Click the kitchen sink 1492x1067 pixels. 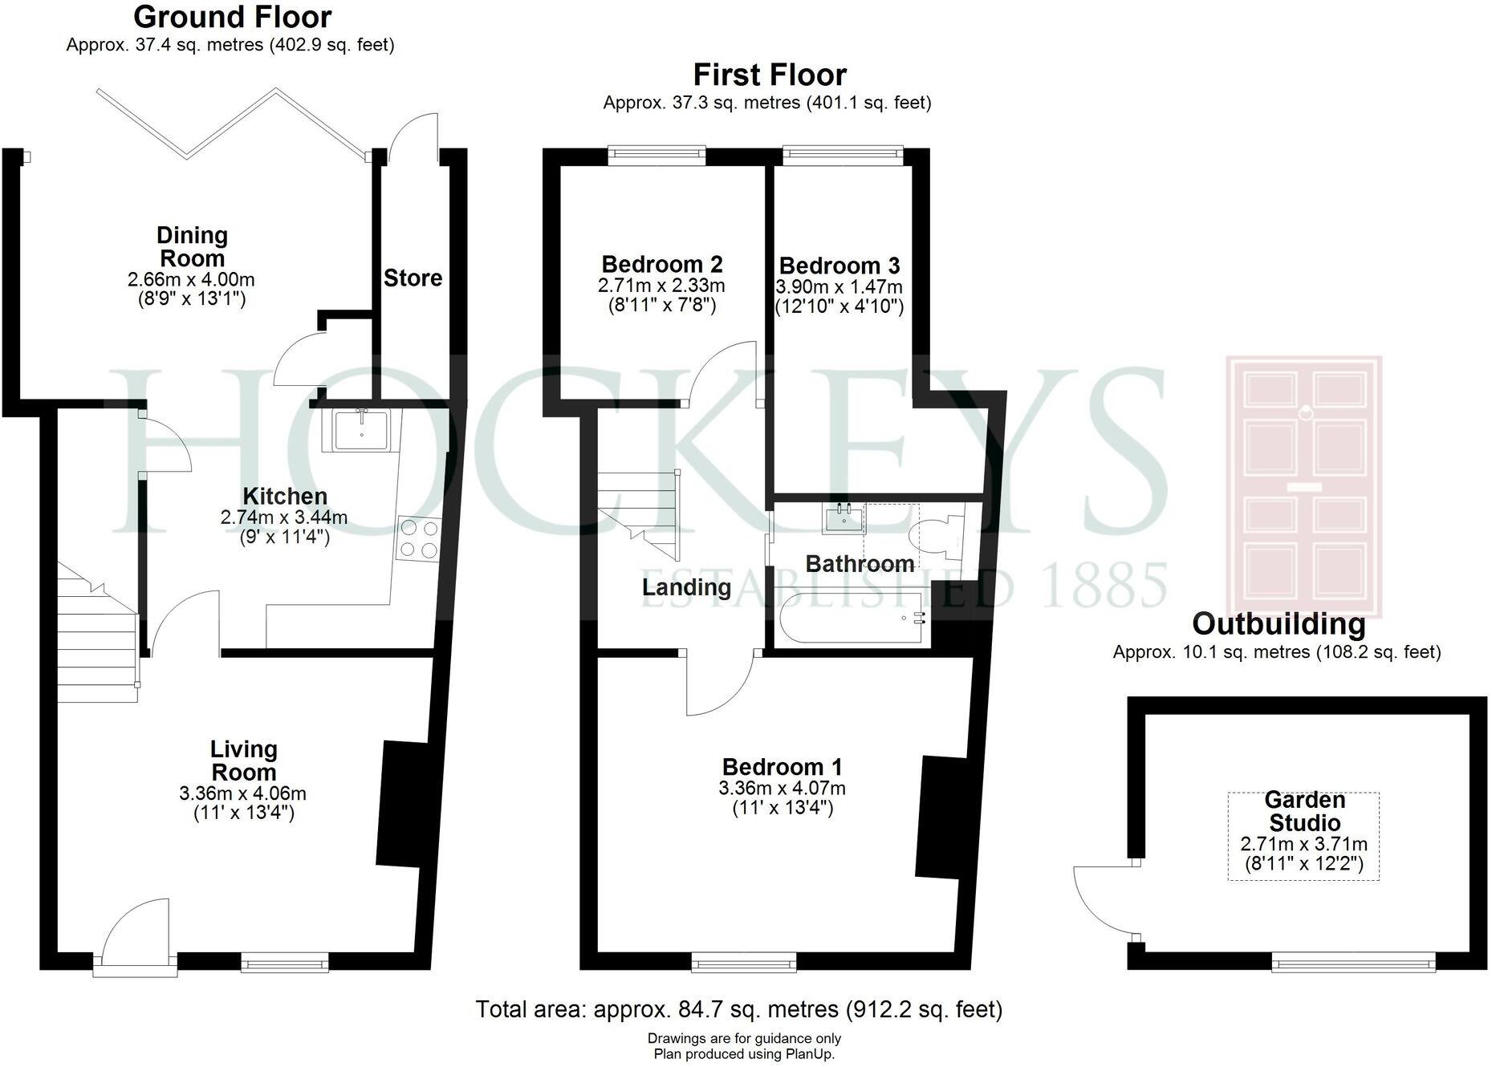(x=361, y=429)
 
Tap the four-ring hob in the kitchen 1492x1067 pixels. (x=420, y=538)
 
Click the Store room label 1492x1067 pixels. (x=413, y=278)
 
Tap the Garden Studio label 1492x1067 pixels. (x=1303, y=811)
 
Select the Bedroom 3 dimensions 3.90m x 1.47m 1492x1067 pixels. (x=838, y=286)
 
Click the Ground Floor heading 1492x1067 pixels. (x=232, y=17)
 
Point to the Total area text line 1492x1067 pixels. (x=738, y=1008)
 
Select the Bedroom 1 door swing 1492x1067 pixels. (x=718, y=686)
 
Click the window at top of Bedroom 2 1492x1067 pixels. (x=656, y=155)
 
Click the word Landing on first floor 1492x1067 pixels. (x=686, y=587)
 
